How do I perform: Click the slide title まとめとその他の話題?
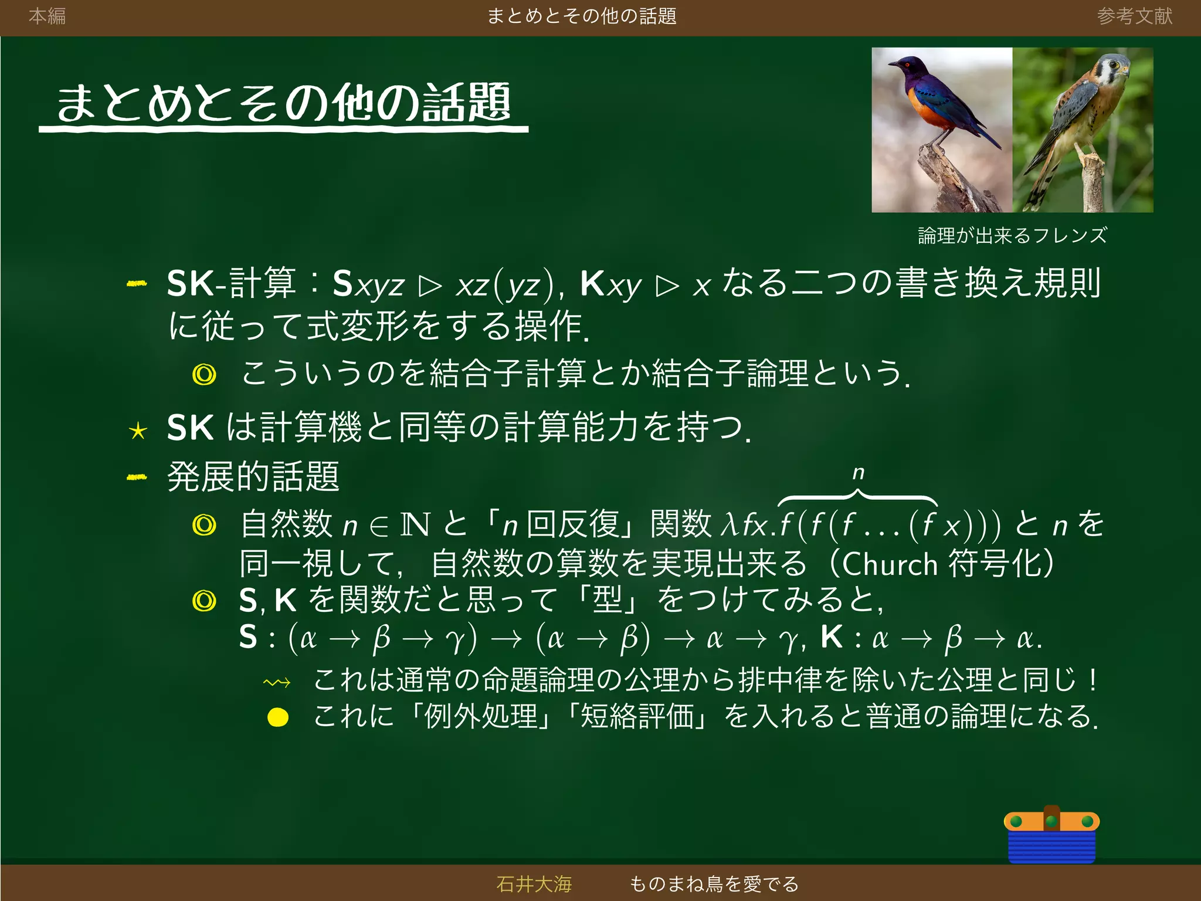tap(283, 103)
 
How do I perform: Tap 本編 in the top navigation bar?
tap(47, 16)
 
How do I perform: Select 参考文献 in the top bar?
tap(1134, 16)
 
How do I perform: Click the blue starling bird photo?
tap(941, 129)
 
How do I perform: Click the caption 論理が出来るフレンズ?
tap(1012, 235)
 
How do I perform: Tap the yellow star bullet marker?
tap(138, 431)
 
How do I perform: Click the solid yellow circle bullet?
tap(278, 717)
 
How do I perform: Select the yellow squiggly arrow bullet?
tap(277, 682)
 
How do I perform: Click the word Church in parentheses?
tap(890, 564)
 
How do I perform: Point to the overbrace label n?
tap(858, 472)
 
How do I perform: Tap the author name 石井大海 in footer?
tap(534, 883)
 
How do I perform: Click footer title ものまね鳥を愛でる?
tap(714, 883)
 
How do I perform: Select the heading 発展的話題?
tap(253, 476)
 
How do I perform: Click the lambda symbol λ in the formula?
tap(729, 524)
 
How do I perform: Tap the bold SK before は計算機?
tap(190, 427)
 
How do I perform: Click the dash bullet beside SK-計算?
tap(137, 284)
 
